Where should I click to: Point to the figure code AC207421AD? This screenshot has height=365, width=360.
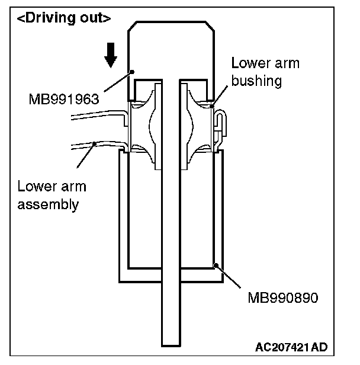(292, 347)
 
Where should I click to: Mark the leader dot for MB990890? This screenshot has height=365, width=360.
(217, 266)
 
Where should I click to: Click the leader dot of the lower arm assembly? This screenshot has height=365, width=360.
(95, 142)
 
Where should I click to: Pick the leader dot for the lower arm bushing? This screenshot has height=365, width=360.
(211, 107)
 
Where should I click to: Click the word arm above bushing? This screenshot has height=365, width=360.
(286, 63)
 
